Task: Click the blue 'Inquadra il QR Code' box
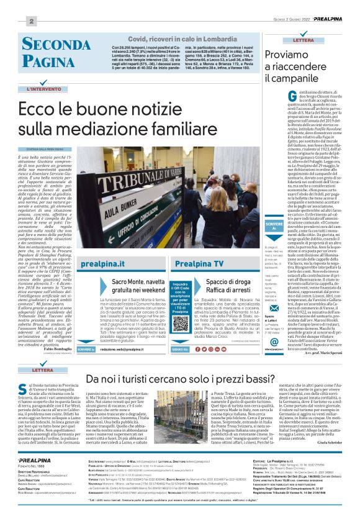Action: click(177, 291)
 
